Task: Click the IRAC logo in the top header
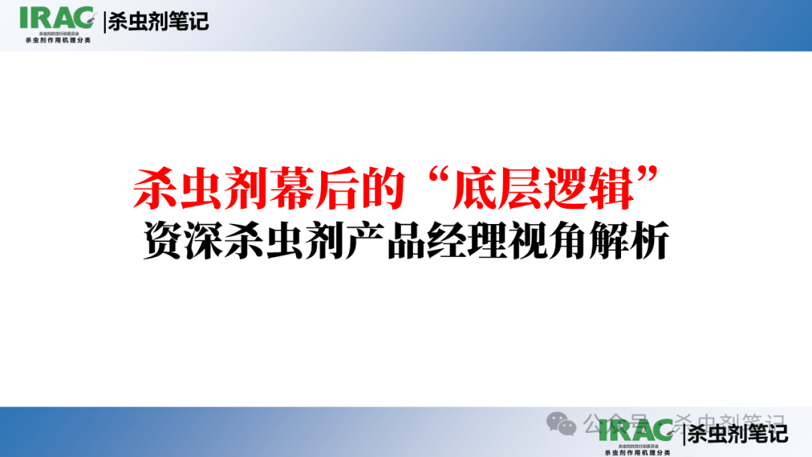tap(57, 18)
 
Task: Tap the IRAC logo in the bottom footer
tap(636, 431)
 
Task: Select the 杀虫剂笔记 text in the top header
tap(159, 21)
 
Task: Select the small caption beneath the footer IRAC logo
tap(636, 452)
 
